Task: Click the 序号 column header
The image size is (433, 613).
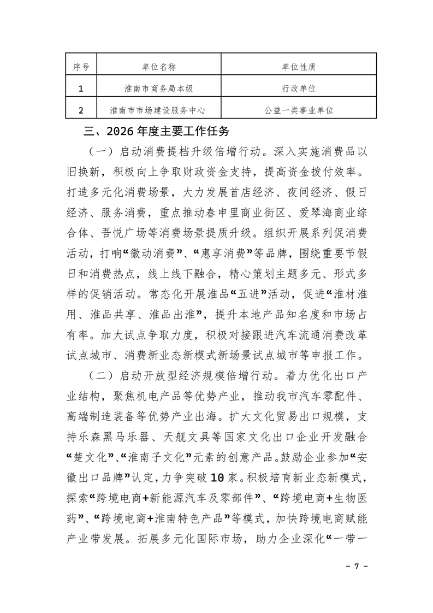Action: pyautogui.click(x=81, y=67)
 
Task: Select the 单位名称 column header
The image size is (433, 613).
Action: pyautogui.click(x=157, y=67)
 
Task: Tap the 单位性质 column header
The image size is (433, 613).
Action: pyautogui.click(x=300, y=67)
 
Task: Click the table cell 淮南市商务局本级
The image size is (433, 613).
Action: pyautogui.click(x=157, y=89)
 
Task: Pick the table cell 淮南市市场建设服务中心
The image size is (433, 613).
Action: pyautogui.click(x=157, y=110)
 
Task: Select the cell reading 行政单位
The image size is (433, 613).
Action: pyautogui.click(x=300, y=89)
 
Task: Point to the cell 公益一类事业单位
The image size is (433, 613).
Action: pyautogui.click(x=300, y=110)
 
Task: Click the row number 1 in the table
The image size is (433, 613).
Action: pyautogui.click(x=81, y=89)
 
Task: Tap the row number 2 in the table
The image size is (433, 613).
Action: pyautogui.click(x=81, y=110)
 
